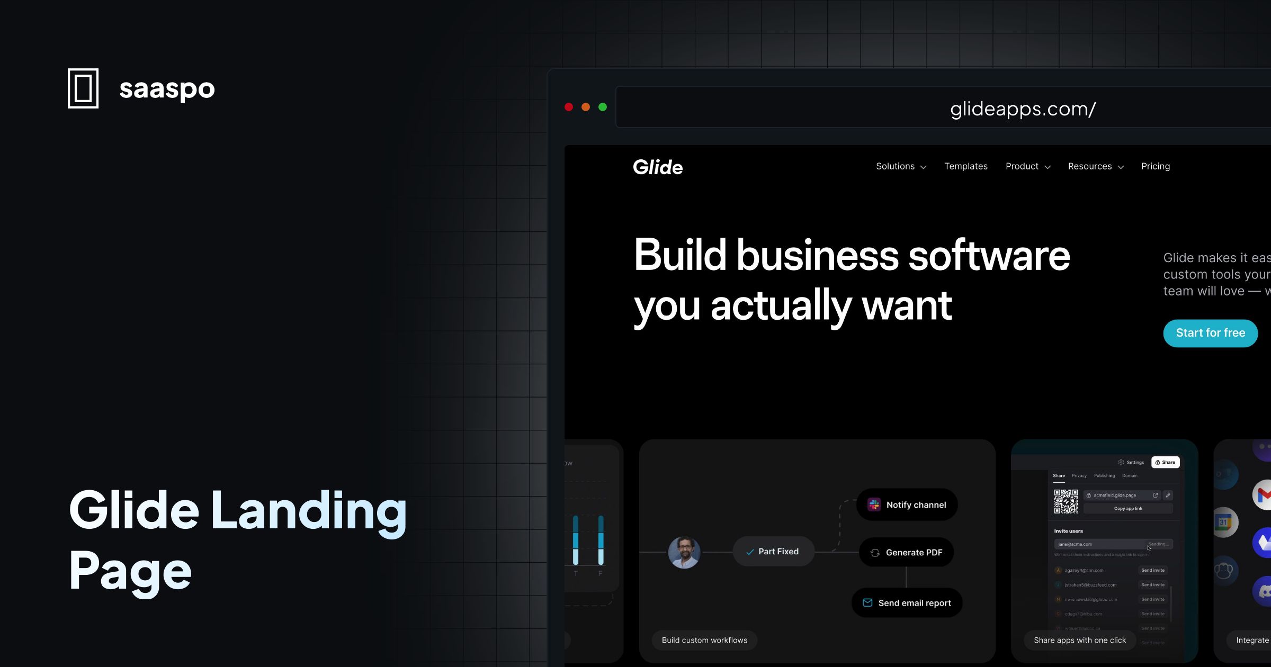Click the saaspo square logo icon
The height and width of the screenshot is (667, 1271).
[x=83, y=88]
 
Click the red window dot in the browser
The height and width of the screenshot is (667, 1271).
[x=569, y=107]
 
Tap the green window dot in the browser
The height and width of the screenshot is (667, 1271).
[x=603, y=107]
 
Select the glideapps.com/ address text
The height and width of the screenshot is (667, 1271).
[x=1023, y=109]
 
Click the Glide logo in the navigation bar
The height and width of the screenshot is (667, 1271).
[x=658, y=167]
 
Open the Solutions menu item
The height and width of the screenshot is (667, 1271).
[x=901, y=166]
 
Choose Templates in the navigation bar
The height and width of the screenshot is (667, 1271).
[x=965, y=166]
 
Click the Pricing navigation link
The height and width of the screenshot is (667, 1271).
[x=1156, y=166]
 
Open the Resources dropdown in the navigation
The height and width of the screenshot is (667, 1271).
[x=1095, y=166]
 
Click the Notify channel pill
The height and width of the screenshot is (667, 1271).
[x=907, y=505]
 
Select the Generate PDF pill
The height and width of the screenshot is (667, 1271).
[x=906, y=553]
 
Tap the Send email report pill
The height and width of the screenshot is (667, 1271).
[x=907, y=603]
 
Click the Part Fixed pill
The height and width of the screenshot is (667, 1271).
[x=773, y=552]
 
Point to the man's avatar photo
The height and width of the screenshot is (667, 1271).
[x=684, y=552]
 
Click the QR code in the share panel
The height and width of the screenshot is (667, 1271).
[x=1066, y=501]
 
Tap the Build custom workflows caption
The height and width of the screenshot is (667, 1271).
[x=704, y=640]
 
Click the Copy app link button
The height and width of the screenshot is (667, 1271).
[x=1128, y=509]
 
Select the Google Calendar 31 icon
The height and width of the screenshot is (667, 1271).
[x=1224, y=522]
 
